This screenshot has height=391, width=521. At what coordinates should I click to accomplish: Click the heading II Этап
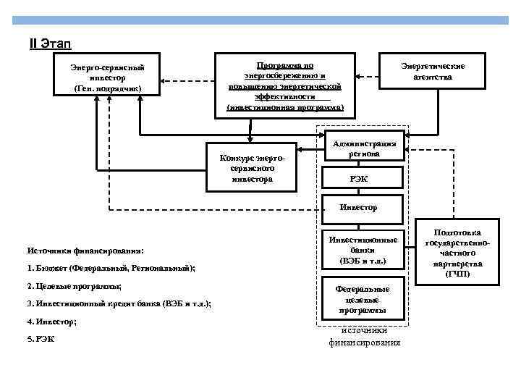50,45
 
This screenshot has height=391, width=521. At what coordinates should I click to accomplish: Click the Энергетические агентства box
433,71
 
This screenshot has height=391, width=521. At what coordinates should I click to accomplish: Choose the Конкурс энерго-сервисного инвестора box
252,166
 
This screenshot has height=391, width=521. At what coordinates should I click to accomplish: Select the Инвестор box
360,207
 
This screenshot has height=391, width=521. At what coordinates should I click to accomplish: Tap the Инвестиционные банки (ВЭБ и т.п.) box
363,249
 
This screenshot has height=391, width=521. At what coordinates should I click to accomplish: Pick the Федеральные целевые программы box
363,300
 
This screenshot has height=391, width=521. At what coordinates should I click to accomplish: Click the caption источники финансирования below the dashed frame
364,337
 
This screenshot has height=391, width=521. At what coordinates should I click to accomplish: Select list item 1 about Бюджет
111,269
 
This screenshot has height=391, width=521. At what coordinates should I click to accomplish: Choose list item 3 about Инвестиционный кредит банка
119,304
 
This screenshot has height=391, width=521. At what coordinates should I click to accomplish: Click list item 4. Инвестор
52,321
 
